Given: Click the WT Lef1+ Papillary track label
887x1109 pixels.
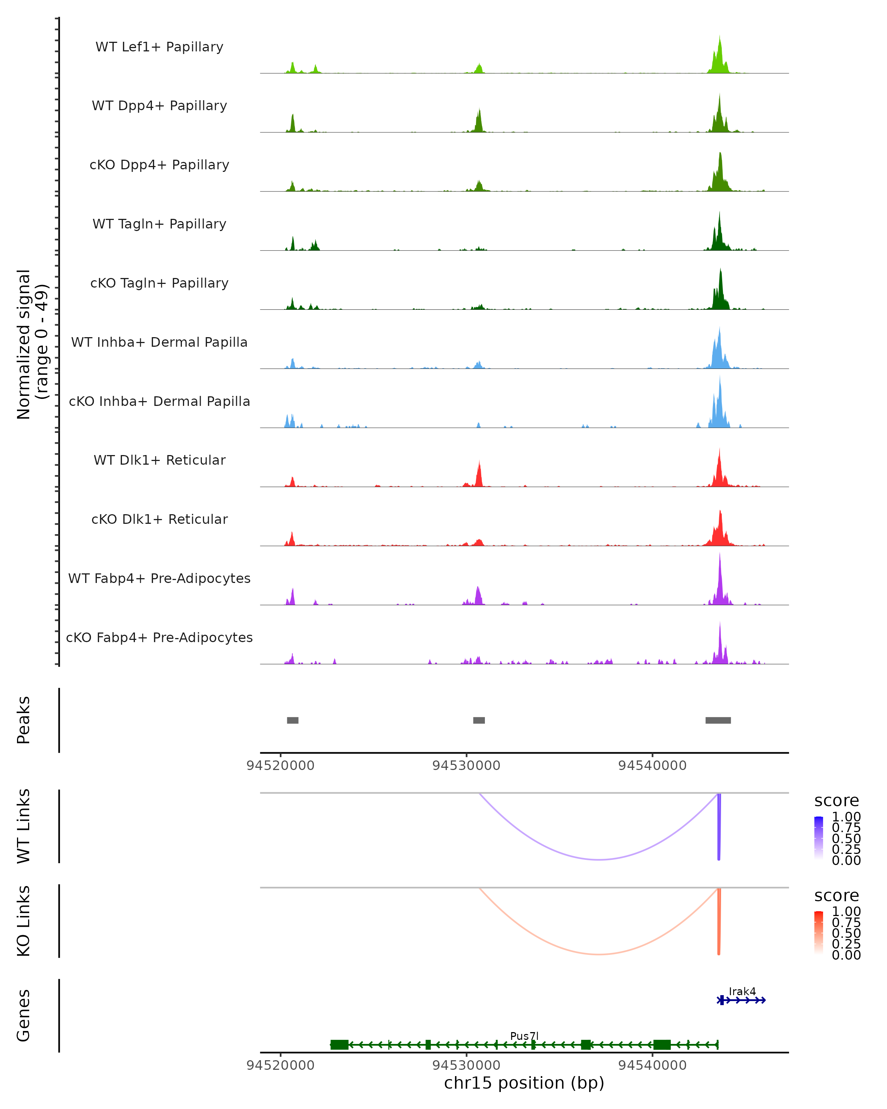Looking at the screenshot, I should (x=159, y=47).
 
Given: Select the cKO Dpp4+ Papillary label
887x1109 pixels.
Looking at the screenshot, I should (x=159, y=165).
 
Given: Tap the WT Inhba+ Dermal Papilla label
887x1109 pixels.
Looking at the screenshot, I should (x=159, y=343).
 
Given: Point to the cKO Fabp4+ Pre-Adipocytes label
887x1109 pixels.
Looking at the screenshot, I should (x=159, y=638).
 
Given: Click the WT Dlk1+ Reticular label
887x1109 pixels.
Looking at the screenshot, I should (x=159, y=460).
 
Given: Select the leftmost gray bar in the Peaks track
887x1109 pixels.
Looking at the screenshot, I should (x=293, y=720).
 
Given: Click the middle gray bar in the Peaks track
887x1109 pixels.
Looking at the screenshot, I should (x=479, y=720).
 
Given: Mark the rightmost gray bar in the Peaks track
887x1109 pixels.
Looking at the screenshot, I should (x=718, y=720).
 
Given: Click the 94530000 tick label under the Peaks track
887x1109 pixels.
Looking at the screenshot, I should (x=466, y=766).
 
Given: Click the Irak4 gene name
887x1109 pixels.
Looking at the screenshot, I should (x=742, y=991).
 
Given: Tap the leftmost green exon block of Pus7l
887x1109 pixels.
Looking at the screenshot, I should (x=339, y=1045).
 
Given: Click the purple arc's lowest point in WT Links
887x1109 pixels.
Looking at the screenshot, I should (x=599, y=859).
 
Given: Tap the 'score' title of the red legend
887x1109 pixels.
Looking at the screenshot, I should (x=837, y=896).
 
